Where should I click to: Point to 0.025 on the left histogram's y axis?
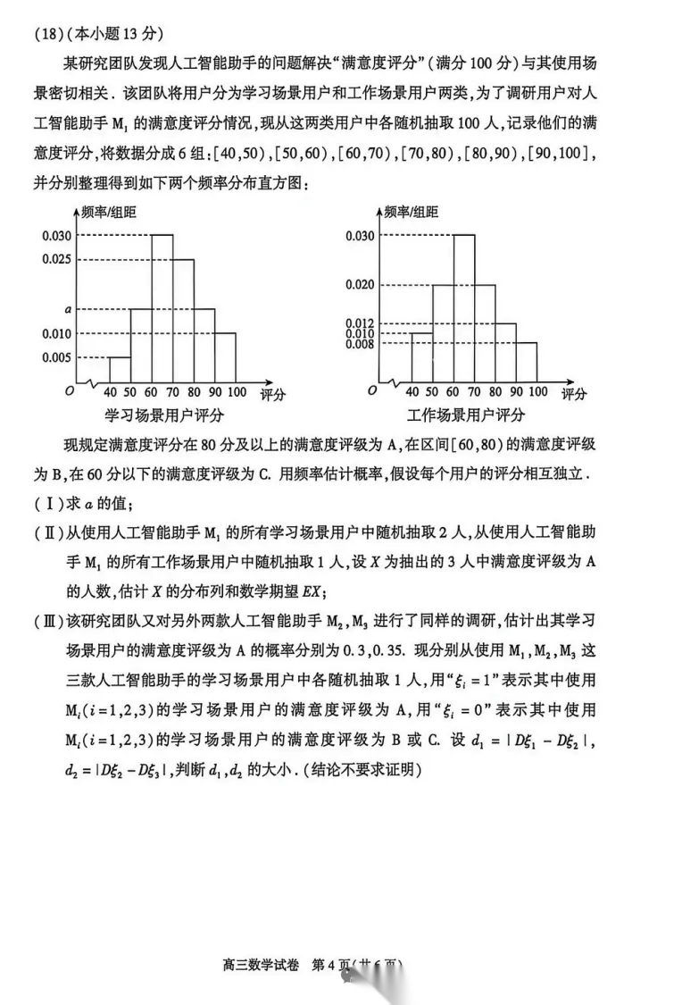[x=55, y=259]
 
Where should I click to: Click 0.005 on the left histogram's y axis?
[x=55, y=357]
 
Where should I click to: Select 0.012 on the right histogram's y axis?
[x=359, y=322]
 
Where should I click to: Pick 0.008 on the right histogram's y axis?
[x=359, y=343]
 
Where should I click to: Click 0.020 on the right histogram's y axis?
[x=359, y=284]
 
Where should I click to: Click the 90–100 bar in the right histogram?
[x=527, y=363]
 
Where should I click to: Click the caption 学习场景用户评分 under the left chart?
[x=164, y=415]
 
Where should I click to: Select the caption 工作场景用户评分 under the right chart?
[x=466, y=415]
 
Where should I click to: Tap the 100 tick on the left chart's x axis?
[x=237, y=392]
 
